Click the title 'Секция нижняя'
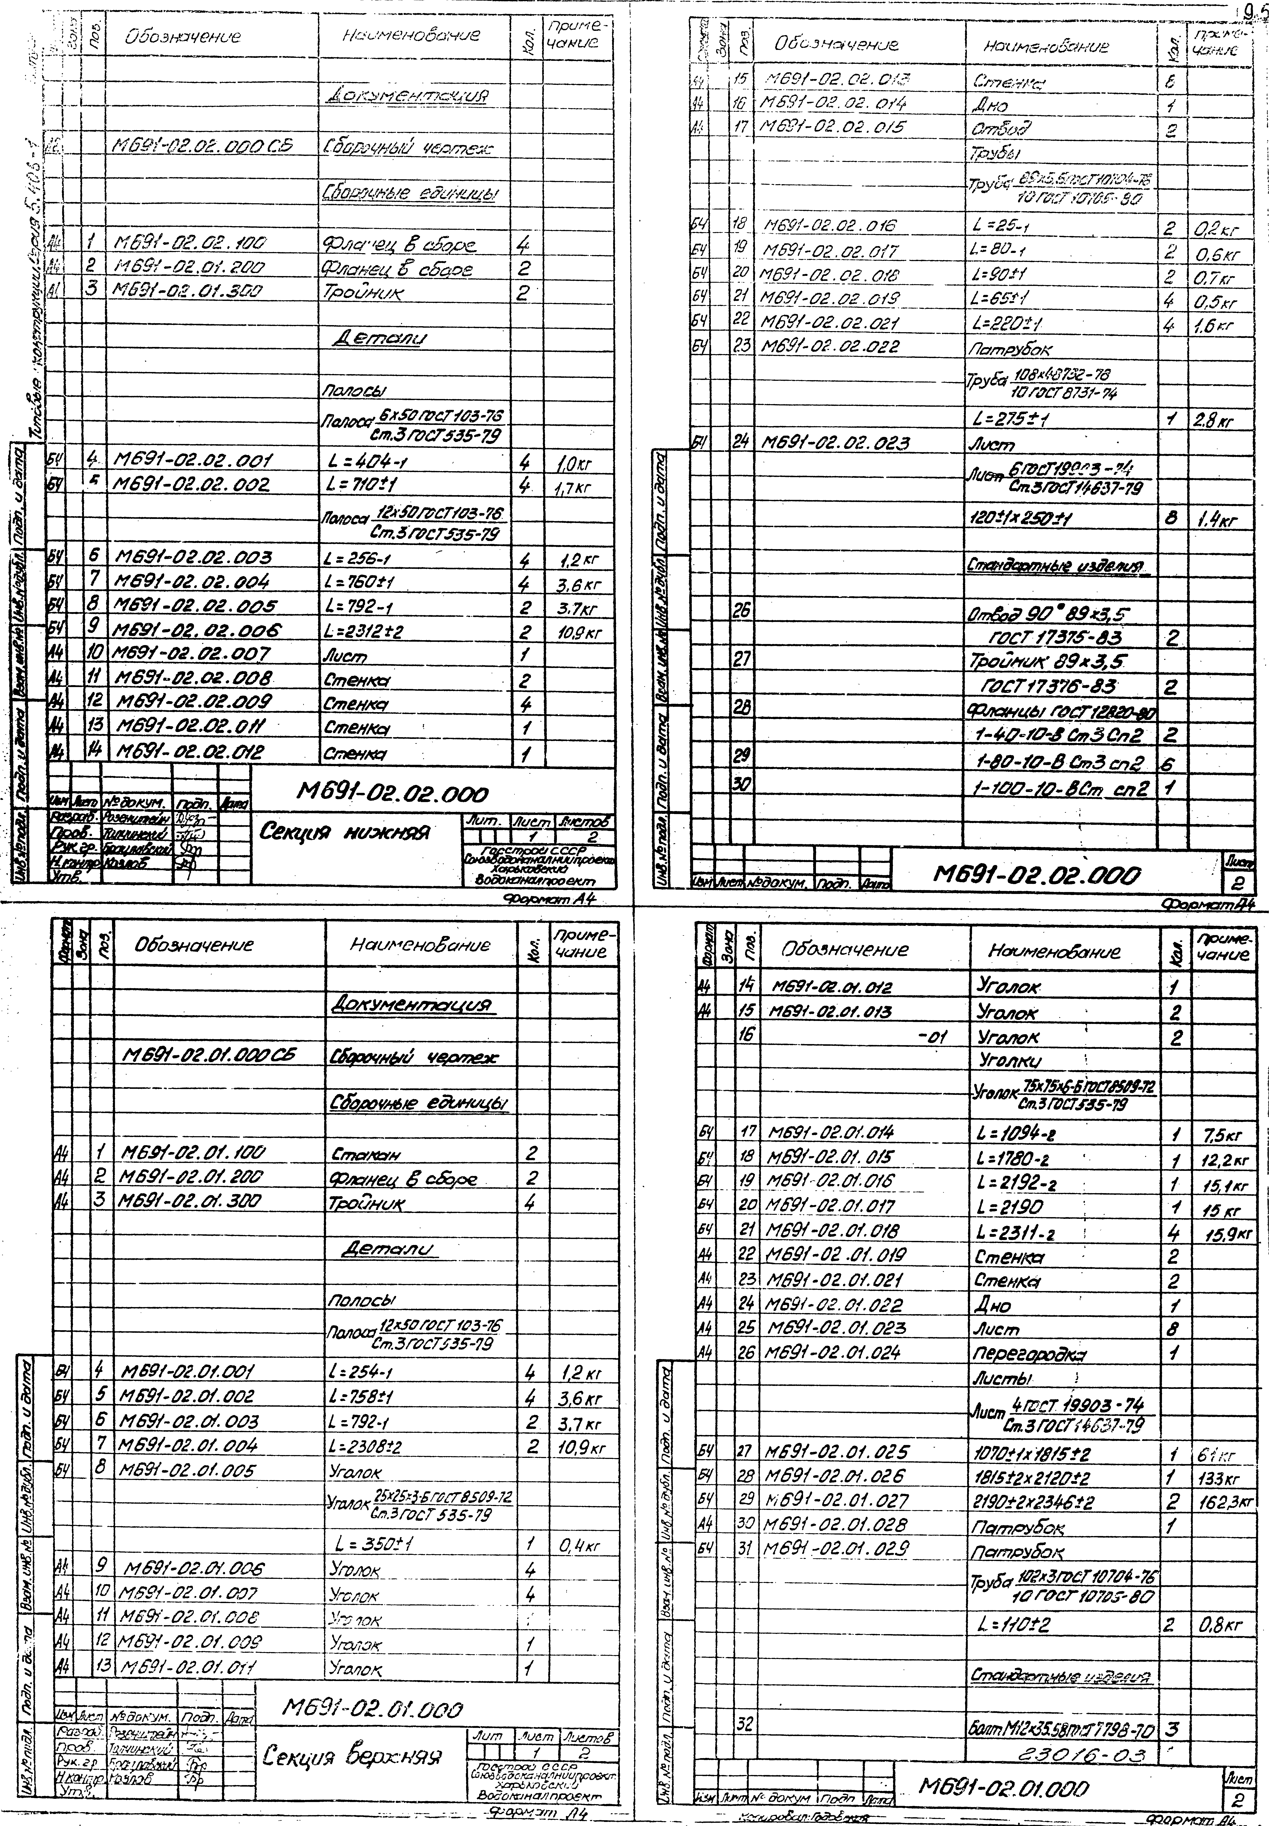[x=346, y=833]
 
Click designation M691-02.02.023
[x=835, y=443]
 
